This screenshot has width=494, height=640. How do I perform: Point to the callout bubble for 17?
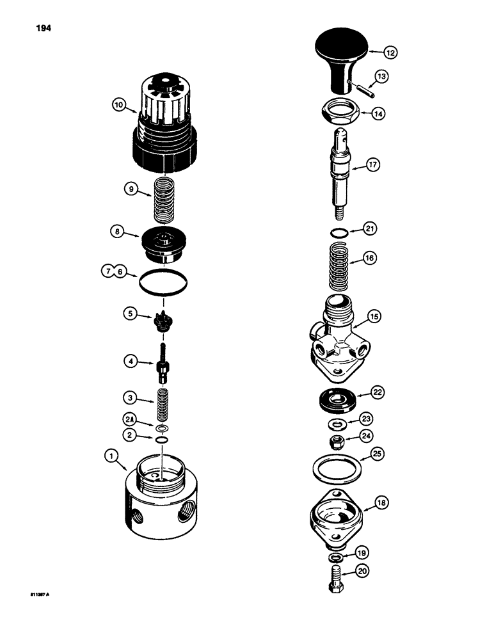[373, 165]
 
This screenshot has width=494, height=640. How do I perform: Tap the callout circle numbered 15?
[373, 316]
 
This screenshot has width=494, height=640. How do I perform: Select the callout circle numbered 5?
[132, 314]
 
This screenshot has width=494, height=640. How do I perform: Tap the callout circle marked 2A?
[131, 420]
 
